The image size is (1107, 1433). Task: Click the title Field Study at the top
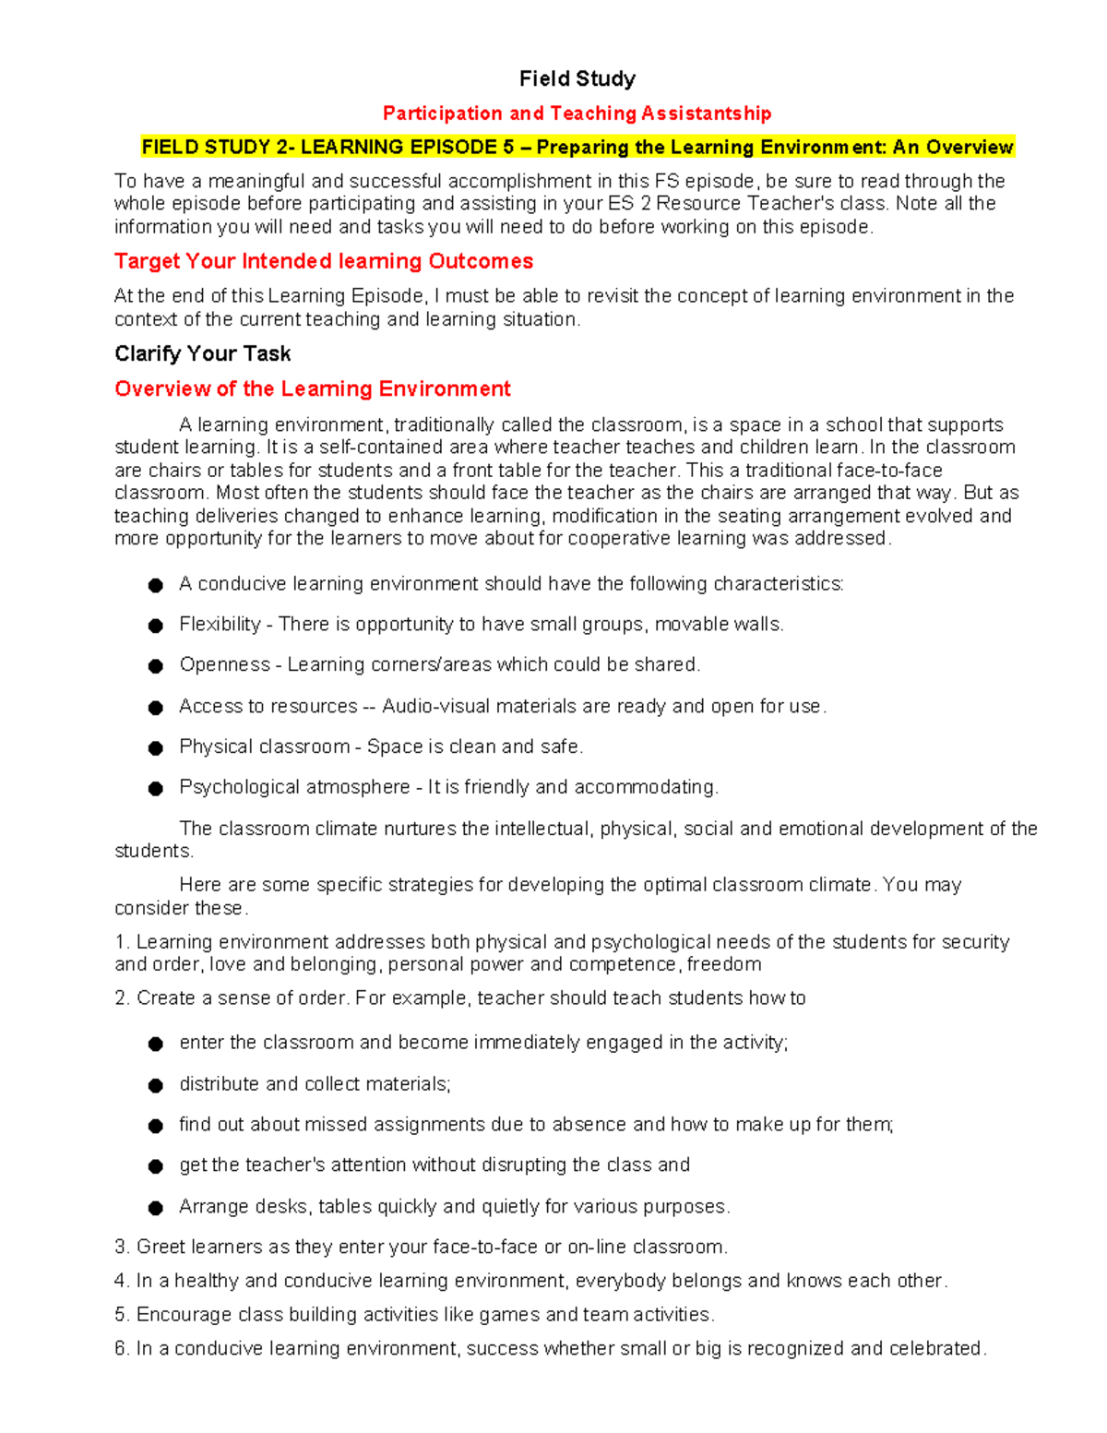[577, 79]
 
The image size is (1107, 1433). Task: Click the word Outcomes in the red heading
[481, 262]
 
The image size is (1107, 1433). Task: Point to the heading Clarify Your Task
[202, 354]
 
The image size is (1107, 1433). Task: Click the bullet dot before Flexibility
[156, 627]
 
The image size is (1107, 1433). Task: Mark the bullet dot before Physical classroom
[156, 748]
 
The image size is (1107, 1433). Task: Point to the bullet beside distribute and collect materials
[156, 1086]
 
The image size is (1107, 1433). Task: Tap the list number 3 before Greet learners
[120, 1248]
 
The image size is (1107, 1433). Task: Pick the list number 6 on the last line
[120, 1349]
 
